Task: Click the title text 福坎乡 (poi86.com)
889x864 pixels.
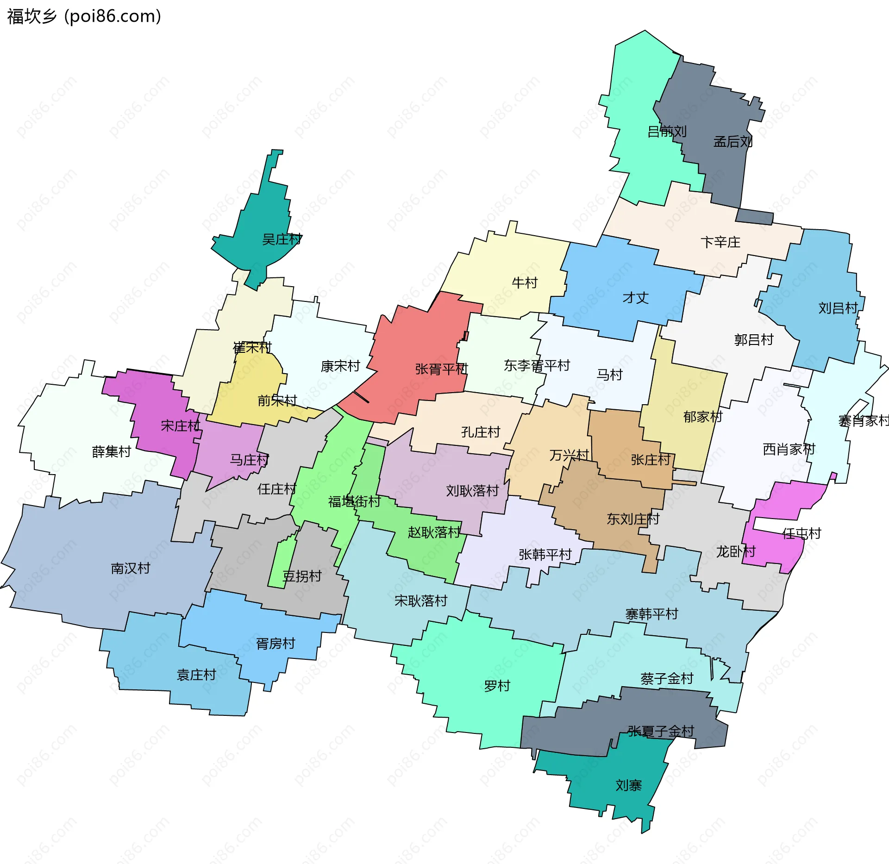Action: (84, 16)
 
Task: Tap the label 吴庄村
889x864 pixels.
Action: (282, 239)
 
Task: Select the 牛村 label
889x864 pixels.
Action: (525, 282)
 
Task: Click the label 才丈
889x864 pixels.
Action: (635, 298)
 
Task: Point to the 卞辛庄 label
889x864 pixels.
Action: (720, 242)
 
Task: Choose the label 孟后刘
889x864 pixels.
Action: (732, 142)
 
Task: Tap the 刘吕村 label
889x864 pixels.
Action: (838, 308)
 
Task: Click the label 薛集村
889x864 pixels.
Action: (112, 451)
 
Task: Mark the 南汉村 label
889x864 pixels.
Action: (131, 568)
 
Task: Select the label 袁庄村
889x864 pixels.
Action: (196, 675)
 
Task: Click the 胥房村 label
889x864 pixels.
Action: (275, 644)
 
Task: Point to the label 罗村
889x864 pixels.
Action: (497, 686)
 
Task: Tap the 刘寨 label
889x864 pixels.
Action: (628, 785)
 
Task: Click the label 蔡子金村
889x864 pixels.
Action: (667, 679)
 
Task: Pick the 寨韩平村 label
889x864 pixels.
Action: (651, 614)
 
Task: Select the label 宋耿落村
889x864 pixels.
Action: (421, 601)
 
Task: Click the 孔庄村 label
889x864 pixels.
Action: (481, 432)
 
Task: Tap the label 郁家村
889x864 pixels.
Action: (702, 417)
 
